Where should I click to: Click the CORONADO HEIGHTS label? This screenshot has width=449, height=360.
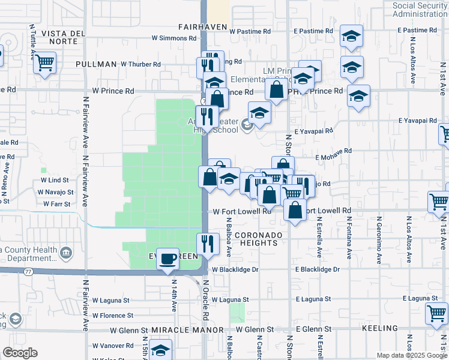pyautogui.click(x=256, y=238)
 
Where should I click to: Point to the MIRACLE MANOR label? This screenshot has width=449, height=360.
pyautogui.click(x=187, y=330)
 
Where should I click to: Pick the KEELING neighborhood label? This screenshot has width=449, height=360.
pyautogui.click(x=380, y=328)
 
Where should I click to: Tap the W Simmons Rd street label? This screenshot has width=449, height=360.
pyautogui.click(x=174, y=38)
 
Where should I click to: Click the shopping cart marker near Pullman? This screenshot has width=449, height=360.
pyautogui.click(x=45, y=62)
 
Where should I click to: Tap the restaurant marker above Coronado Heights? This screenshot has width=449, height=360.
pyautogui.click(x=207, y=244)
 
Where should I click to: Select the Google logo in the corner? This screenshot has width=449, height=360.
pyautogui.click(x=20, y=353)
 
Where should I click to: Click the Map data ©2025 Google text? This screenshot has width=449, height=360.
pyautogui.click(x=412, y=355)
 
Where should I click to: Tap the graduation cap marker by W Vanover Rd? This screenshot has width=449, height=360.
pyautogui.click(x=160, y=350)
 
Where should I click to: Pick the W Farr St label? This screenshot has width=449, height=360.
pyautogui.click(x=58, y=204)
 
